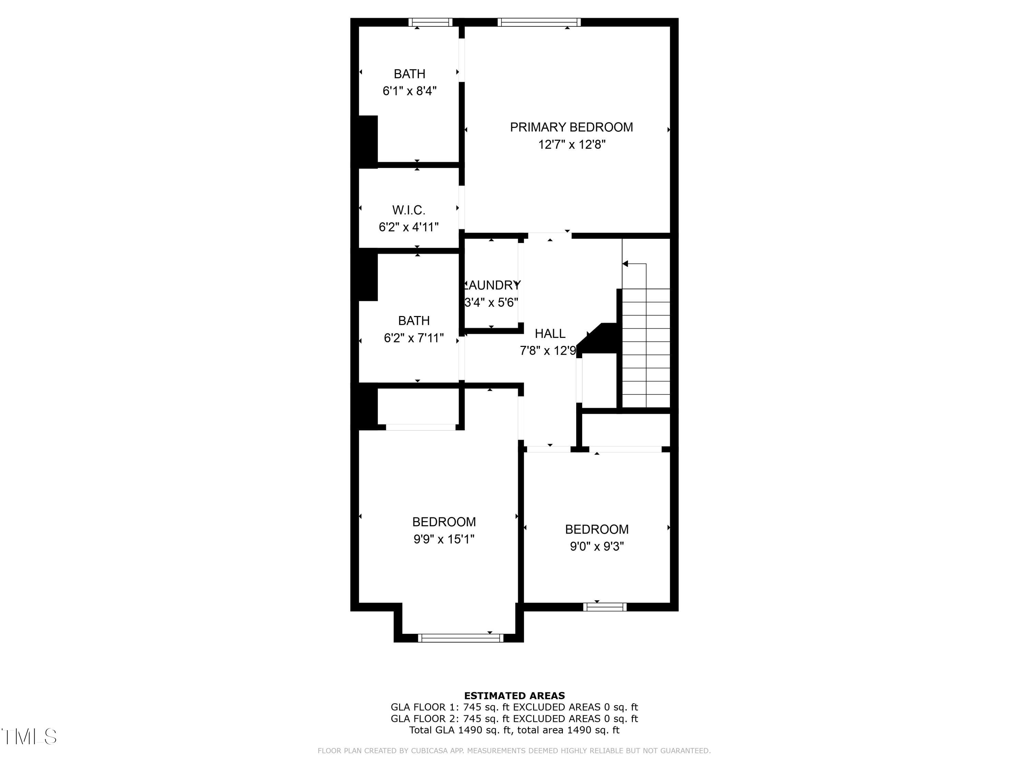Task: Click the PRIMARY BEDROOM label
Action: coord(571,127)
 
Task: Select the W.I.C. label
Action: coord(409,210)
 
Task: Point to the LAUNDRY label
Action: coord(492,285)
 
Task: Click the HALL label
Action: coord(550,334)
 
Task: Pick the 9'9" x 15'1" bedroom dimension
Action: coord(444,539)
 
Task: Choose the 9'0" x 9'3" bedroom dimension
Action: coord(597,546)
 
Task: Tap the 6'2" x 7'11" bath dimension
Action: coord(414,338)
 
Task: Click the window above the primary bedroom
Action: coord(539,22)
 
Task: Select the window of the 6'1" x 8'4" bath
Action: coord(430,22)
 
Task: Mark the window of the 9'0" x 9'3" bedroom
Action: coord(605,607)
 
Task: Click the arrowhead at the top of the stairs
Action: coord(626,264)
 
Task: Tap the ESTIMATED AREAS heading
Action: coord(514,696)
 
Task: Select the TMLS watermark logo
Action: coord(29,737)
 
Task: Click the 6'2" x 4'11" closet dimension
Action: coord(409,227)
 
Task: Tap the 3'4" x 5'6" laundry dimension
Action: coord(491,303)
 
